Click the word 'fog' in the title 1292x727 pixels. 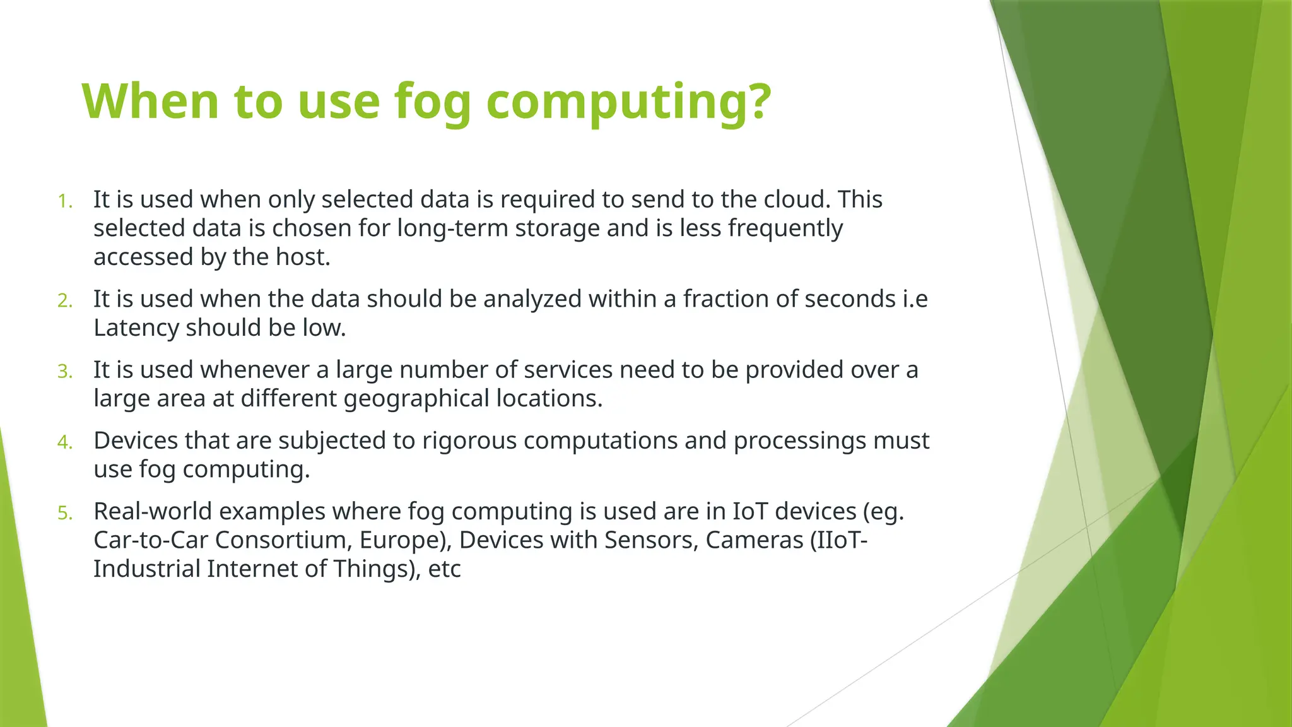[432, 102]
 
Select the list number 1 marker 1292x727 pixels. [65, 201]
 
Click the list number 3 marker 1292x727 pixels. [65, 372]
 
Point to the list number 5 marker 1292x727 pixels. [65, 513]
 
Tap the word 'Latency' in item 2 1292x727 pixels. [136, 328]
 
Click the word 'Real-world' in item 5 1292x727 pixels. [153, 511]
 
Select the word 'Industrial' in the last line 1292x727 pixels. [147, 569]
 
